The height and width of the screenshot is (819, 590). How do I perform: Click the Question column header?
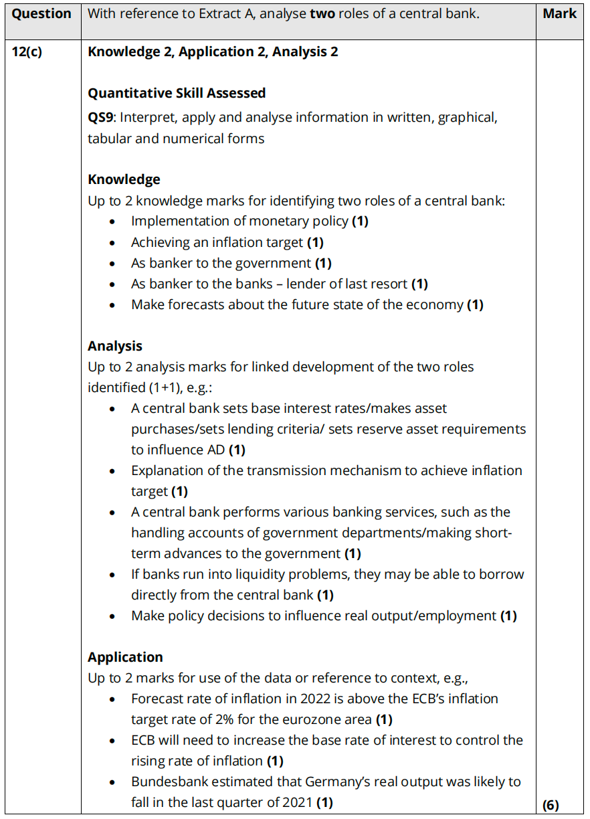point(41,13)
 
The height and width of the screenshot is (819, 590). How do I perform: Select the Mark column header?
point(559,13)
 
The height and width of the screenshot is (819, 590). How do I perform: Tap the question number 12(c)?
point(27,52)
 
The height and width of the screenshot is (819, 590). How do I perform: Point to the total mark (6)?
point(551,805)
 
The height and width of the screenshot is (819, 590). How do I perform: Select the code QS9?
point(101,117)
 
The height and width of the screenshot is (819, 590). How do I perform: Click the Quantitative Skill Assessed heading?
point(177,93)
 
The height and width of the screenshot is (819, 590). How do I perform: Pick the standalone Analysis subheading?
point(115,346)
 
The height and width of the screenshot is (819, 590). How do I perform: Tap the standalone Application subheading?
point(125,657)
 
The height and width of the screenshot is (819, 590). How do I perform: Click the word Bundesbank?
point(169,782)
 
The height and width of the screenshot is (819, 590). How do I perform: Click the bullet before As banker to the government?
point(118,264)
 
